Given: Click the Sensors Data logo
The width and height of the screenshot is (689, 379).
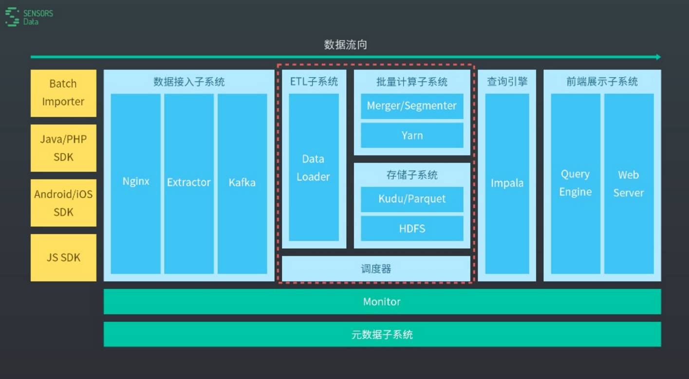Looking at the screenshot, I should [29, 17].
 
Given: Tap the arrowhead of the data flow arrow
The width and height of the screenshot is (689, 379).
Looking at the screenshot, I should [658, 57].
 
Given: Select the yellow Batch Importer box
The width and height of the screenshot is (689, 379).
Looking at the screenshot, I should [63, 93].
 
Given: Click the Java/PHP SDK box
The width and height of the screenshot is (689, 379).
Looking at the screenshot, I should [63, 148].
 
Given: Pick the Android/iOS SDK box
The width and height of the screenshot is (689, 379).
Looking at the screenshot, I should [63, 203].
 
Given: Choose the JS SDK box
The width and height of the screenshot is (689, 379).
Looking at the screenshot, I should [63, 258].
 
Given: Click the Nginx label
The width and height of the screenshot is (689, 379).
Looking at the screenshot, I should [136, 182].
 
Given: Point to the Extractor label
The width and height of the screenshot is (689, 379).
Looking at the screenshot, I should [189, 183].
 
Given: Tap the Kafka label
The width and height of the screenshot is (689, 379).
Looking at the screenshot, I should [242, 183].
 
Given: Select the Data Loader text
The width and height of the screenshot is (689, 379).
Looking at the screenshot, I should [313, 168].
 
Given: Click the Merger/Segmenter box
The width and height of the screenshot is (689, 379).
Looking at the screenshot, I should [412, 106].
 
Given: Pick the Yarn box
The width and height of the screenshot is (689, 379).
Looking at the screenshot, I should [412, 135].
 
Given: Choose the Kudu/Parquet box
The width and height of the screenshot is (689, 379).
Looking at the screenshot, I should [412, 199].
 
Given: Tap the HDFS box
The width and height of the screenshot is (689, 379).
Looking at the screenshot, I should [412, 228].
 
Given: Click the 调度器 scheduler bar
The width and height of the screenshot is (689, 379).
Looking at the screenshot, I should [376, 269].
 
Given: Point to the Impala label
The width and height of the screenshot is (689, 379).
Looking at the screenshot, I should [507, 183].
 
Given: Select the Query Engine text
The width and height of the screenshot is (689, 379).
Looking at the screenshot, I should [575, 183].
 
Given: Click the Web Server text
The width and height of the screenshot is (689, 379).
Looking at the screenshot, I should [629, 184].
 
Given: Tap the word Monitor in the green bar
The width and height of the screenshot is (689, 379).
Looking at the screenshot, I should [382, 302].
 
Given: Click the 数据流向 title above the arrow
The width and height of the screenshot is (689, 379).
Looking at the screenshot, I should [345, 45].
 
